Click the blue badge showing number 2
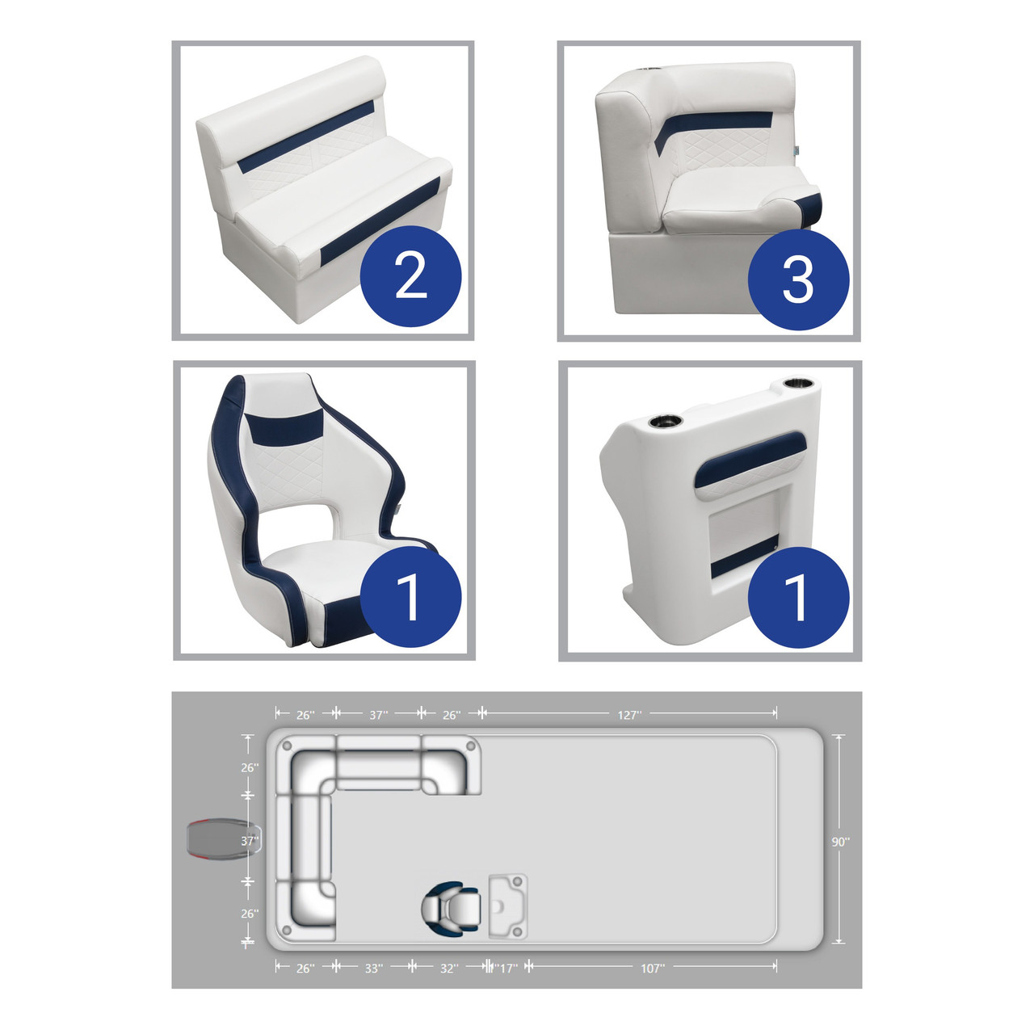[410, 275]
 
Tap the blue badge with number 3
[798, 279]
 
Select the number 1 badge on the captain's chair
[410, 597]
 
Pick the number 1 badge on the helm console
[798, 597]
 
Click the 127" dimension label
[629, 715]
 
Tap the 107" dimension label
[653, 969]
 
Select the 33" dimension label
[374, 969]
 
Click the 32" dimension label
[449, 969]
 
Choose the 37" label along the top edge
[378, 715]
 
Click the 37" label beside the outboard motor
[250, 841]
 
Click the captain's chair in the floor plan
[451, 908]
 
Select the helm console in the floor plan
[507, 907]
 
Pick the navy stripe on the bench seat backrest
[306, 137]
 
